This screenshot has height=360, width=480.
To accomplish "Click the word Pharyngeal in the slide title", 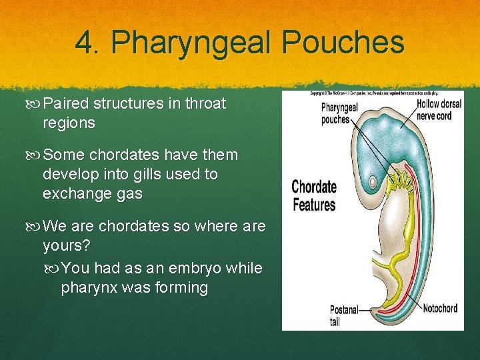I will click(190, 42).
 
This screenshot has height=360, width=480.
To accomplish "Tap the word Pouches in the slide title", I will click(343, 42).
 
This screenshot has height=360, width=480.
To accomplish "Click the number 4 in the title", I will click(85, 42).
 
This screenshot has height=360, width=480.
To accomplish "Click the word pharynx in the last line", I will click(89, 287).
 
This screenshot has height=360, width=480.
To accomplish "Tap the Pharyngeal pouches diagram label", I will click(339, 113).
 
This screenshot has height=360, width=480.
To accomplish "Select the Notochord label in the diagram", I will click(440, 309).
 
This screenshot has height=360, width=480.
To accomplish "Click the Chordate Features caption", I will click(314, 195).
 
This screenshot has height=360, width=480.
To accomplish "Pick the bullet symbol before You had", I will click(54, 268).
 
